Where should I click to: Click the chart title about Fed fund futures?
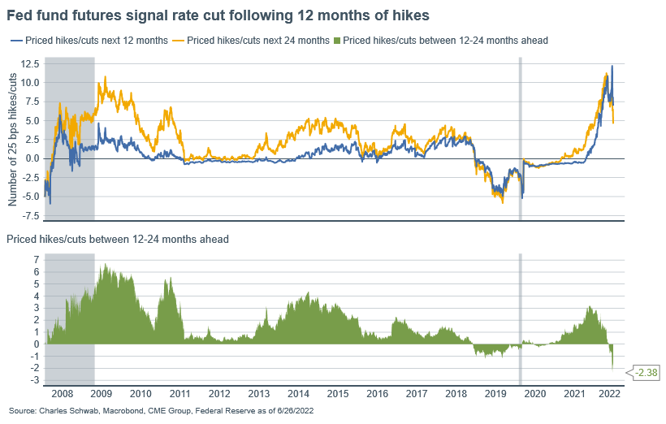(218, 15)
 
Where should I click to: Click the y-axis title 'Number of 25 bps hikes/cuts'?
(12, 138)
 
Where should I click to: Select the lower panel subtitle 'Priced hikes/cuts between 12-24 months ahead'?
(118, 239)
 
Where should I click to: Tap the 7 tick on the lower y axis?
(35, 259)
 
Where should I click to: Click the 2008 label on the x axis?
(63, 392)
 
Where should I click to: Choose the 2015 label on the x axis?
(336, 392)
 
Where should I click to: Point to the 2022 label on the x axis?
(610, 392)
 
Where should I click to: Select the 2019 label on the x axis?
(493, 392)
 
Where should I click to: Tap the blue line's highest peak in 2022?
(612, 67)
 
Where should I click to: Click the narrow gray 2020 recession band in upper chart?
(520, 138)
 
